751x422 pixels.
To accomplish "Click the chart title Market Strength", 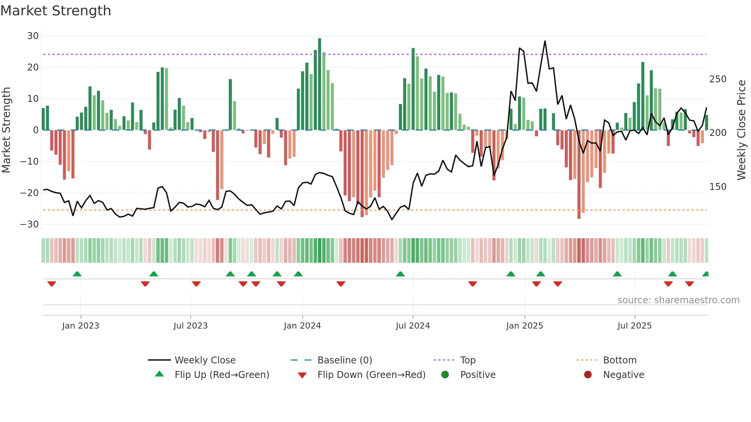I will (56, 11).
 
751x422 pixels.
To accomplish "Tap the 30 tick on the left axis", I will (33, 36).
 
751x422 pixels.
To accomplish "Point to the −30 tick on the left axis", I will (30, 224).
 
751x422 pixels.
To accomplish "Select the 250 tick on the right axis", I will (718, 79).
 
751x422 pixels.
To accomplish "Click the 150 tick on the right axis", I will (718, 187).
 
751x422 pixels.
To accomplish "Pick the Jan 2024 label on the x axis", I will (302, 326).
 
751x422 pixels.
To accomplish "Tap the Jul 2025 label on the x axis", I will (635, 326).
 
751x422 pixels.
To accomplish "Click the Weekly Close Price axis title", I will (742, 130).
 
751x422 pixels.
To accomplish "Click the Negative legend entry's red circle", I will (588, 375).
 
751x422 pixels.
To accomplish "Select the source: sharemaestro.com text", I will (678, 300).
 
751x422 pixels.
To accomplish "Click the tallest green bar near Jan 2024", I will (320, 84).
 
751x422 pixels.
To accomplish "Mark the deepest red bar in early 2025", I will (579, 174).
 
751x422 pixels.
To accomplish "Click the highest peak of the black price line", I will (545, 41).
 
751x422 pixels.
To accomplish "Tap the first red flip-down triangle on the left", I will (52, 284).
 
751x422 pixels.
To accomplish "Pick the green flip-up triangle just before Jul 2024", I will (400, 274).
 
